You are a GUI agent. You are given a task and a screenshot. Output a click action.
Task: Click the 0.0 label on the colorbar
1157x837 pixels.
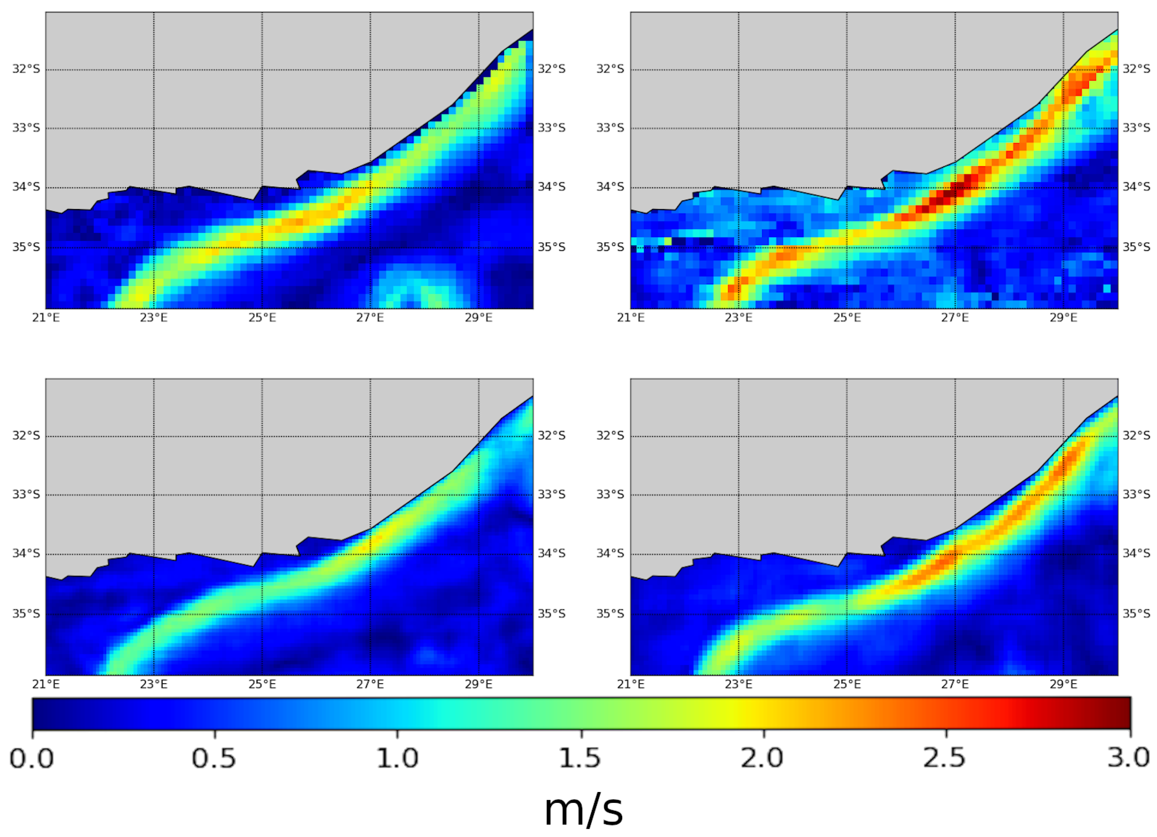point(32,759)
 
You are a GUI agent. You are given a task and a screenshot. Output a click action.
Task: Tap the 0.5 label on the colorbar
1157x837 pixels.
point(214,759)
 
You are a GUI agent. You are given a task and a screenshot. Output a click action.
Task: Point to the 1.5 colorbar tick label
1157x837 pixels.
point(580,759)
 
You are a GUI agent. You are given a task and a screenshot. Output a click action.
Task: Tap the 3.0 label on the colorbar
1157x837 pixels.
point(1128,759)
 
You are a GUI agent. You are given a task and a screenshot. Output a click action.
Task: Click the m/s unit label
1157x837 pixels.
point(584,810)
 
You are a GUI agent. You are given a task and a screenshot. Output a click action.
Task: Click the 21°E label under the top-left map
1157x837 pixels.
point(46,318)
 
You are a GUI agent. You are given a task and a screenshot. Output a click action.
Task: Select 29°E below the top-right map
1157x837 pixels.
point(1064,318)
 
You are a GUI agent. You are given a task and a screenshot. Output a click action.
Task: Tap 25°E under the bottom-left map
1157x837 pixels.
point(262,684)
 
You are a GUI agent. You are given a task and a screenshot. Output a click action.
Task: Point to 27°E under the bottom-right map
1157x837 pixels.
point(955,684)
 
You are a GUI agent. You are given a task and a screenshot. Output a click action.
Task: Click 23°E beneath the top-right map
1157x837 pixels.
point(739,318)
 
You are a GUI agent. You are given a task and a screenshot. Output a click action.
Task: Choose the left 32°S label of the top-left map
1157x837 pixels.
point(26,69)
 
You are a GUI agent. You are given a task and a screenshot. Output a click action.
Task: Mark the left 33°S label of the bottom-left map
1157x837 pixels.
point(26,494)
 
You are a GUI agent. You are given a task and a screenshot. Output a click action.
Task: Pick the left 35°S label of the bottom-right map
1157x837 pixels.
point(611,613)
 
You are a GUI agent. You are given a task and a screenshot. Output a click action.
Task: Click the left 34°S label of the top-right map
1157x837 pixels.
point(611,187)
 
